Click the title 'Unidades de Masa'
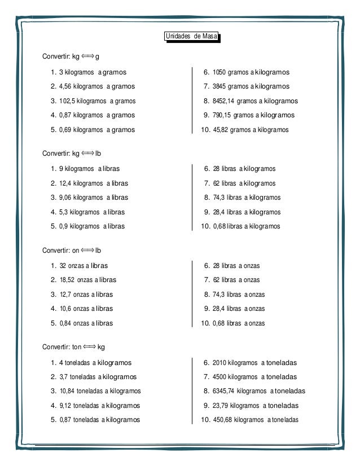[191, 37]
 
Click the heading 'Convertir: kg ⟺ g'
[71, 57]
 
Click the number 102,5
[67, 101]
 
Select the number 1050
[219, 72]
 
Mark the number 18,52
[67, 280]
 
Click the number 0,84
[65, 323]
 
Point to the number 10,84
[67, 391]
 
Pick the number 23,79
[221, 406]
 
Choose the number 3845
[219, 86]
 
